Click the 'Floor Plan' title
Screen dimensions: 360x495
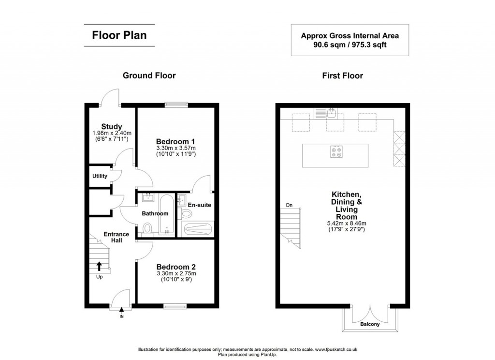pos(119,35)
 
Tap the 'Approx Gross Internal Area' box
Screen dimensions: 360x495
pos(349,40)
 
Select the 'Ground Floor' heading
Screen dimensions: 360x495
pos(149,75)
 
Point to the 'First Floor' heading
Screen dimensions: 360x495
pos(342,75)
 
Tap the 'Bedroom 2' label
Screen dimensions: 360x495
pos(176,267)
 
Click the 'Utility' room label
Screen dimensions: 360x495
pos(100,176)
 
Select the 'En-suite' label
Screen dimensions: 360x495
pos(200,205)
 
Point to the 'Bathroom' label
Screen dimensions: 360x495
pos(155,213)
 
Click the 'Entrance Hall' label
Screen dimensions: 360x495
pos(116,237)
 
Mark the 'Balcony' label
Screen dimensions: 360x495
pos(370,324)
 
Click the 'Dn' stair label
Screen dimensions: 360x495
pos(289,205)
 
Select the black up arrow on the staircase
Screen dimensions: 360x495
pos(99,265)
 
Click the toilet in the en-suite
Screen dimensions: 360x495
pos(186,214)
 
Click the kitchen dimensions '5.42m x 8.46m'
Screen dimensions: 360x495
pos(345,223)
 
